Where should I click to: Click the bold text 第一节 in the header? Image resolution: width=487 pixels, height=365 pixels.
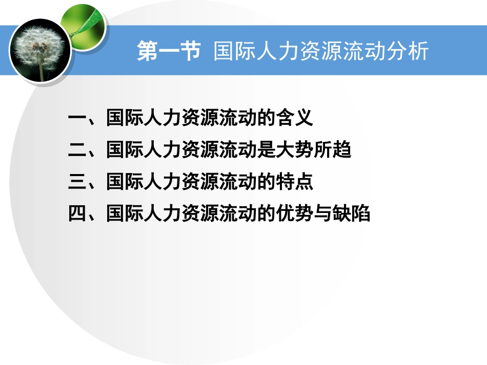pos(169,52)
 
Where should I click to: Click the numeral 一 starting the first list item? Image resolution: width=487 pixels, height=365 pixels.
pos(77,119)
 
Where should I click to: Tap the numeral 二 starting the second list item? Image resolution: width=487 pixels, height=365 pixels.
pos(77,151)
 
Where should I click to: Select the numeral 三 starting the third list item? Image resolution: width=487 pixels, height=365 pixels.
pos(77,182)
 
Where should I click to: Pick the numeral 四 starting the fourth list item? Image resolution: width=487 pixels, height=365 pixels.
pos(77,214)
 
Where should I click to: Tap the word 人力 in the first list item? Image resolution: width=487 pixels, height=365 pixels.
pos(161,119)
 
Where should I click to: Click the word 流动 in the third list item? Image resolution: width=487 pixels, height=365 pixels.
pos(237,182)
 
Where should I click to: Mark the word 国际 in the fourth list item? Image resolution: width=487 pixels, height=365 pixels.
pos(124,214)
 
